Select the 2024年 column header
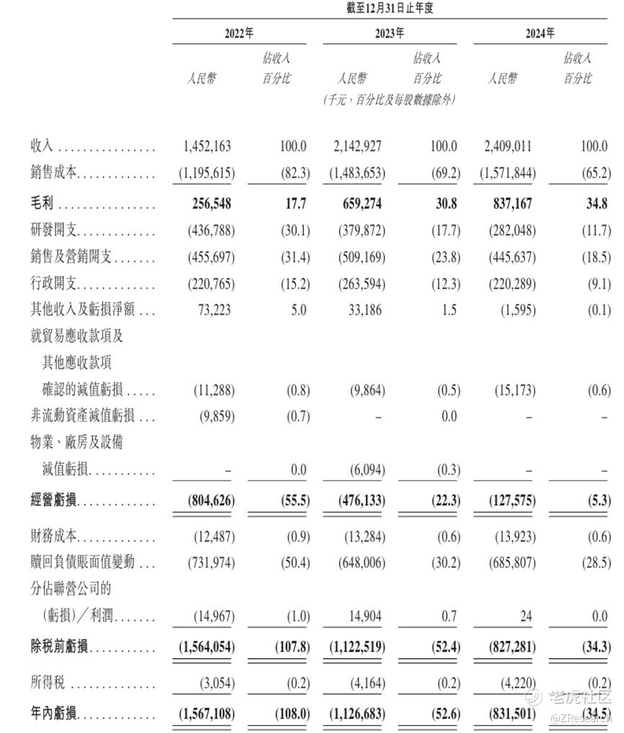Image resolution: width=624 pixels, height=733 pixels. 540,33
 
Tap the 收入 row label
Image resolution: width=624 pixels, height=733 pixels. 41,146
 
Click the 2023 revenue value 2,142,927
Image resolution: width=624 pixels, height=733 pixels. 358,146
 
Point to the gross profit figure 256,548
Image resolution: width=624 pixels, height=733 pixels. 208,204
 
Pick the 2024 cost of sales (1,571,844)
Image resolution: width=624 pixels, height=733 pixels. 508,174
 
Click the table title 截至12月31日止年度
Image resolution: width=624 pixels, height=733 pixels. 390,9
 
